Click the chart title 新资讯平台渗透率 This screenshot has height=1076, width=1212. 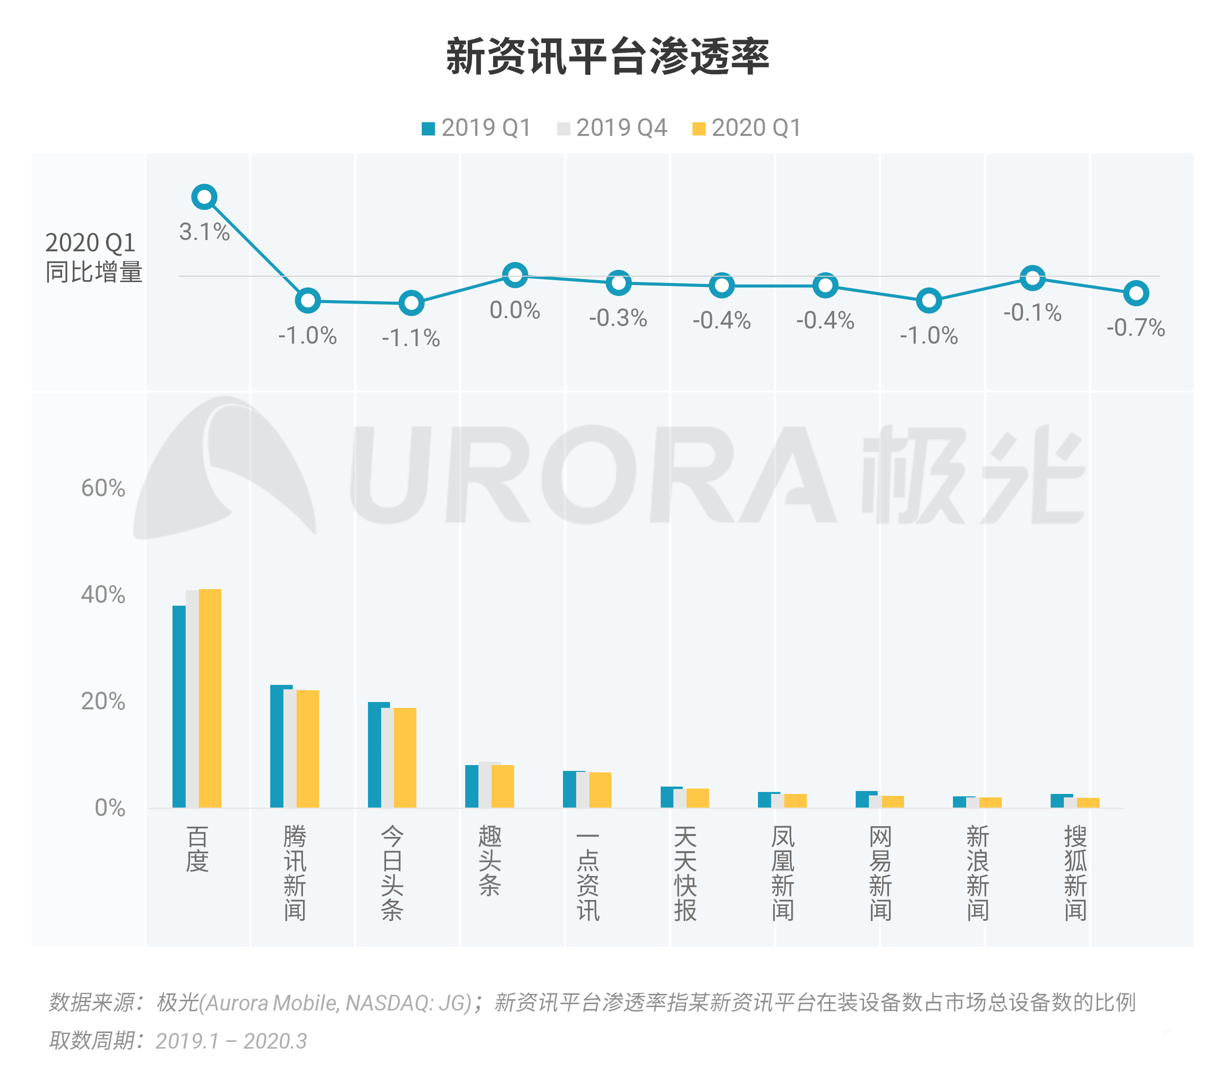point(607,56)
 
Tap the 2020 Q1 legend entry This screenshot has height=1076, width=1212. point(747,127)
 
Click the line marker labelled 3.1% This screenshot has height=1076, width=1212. point(204,197)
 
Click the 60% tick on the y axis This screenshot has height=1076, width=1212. point(103,488)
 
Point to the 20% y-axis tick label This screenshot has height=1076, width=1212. point(103,701)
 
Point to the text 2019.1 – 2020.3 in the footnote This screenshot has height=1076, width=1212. point(231,1040)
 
